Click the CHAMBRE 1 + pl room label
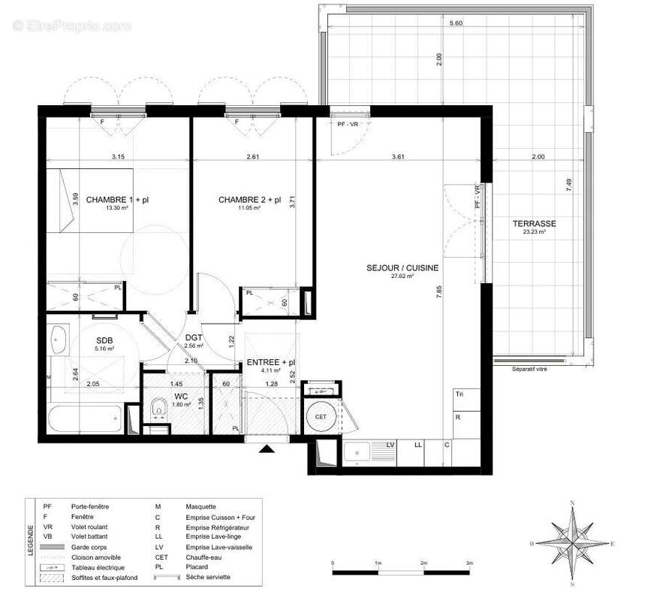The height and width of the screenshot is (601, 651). pyautogui.click(x=123, y=200)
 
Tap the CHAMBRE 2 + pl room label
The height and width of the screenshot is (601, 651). pyautogui.click(x=249, y=200)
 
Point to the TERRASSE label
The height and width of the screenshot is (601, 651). pyautogui.click(x=534, y=224)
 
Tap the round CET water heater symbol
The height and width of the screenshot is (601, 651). pyautogui.click(x=321, y=416)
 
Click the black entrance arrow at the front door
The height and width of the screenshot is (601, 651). pyautogui.click(x=267, y=449)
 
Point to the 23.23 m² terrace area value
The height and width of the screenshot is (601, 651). pyautogui.click(x=534, y=233)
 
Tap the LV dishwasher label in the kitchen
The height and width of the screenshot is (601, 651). pyautogui.click(x=390, y=445)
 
